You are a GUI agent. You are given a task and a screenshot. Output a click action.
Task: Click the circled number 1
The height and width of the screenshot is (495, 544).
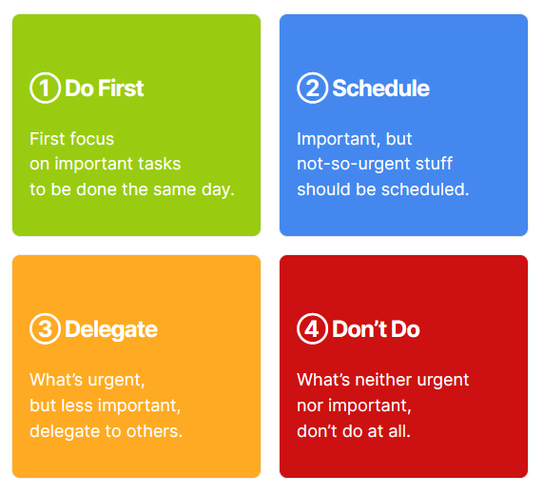click(x=45, y=89)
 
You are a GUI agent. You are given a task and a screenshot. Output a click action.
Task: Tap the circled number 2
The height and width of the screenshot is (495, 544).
click(x=312, y=89)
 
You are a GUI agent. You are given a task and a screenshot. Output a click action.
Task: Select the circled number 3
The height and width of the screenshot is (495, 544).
click(x=45, y=329)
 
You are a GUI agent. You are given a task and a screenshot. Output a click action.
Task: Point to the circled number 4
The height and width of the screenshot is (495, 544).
click(x=312, y=329)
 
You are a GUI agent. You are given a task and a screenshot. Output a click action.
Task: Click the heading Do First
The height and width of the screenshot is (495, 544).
click(x=105, y=89)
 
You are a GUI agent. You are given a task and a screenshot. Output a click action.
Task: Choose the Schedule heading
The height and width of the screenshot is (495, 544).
click(x=380, y=89)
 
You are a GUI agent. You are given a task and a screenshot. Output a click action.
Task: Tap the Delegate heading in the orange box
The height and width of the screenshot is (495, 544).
click(x=111, y=329)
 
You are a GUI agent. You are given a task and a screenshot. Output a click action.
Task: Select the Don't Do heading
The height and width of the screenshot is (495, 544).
click(x=376, y=329)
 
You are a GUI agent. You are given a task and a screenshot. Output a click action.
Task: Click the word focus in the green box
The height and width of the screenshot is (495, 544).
click(x=91, y=139)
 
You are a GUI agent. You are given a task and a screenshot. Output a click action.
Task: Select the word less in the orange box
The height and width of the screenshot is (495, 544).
click(x=78, y=406)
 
